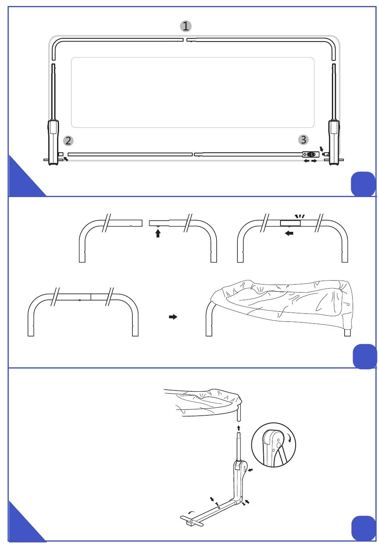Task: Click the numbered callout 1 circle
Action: click(186, 26)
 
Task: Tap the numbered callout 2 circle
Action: click(69, 141)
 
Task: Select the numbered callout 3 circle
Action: click(304, 140)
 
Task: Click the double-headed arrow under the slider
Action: click(310, 161)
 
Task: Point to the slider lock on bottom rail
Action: click(311, 155)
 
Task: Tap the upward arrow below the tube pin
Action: click(158, 233)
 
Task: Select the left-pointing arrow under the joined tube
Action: click(289, 233)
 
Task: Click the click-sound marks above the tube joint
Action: click(300, 216)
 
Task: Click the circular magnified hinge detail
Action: click(274, 444)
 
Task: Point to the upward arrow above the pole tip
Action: click(239, 429)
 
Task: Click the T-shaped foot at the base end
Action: click(193, 521)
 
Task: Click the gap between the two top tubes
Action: click(185, 40)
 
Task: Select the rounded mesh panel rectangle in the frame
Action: click(193, 92)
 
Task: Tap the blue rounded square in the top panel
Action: click(363, 184)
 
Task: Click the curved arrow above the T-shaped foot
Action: click(191, 512)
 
